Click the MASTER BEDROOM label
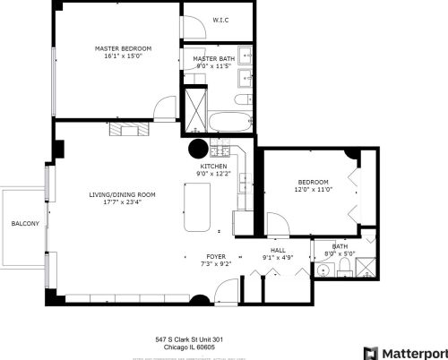pyautogui.click(x=123, y=47)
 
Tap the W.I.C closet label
pyautogui.click(x=220, y=19)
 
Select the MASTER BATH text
pyautogui.click(x=213, y=58)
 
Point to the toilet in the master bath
pyautogui.click(x=246, y=98)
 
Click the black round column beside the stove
pyautogui.click(x=197, y=149)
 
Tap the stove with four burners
pyautogui.click(x=220, y=149)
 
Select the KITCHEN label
pyautogui.click(x=213, y=167)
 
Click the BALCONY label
pyautogui.click(x=24, y=223)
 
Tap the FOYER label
pyautogui.click(x=216, y=256)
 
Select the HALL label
pyautogui.click(x=278, y=251)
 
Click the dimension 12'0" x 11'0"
pyautogui.click(x=314, y=190)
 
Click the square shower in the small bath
pyautogui.click(x=366, y=239)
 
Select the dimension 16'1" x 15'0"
pyautogui.click(x=123, y=56)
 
